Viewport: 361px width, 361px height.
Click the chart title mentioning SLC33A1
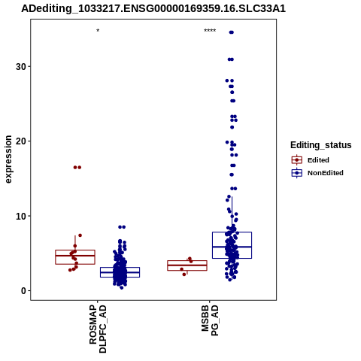tap(153, 9)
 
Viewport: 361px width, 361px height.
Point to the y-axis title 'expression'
tap(8, 159)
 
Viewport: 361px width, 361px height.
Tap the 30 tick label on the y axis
tap(21, 67)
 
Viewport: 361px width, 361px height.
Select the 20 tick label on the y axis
tap(21, 141)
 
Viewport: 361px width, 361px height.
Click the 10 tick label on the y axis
tap(21, 216)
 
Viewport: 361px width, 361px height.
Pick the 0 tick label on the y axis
tap(23, 291)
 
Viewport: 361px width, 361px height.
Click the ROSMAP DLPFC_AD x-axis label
tap(98, 329)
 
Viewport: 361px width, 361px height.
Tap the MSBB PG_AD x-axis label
tap(210, 320)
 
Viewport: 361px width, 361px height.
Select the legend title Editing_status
tap(321, 145)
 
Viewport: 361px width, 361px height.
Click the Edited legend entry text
tap(318, 160)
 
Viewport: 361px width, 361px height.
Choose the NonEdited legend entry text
tap(326, 173)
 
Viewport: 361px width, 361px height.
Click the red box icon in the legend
tap(297, 160)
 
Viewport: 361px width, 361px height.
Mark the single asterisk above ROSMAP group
tap(98, 31)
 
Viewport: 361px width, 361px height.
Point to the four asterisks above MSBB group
tap(210, 31)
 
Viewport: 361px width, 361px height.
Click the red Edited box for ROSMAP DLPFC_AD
tap(75, 257)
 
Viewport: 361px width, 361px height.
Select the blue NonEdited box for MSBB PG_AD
tap(232, 245)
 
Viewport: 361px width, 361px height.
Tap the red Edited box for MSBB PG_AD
tap(187, 265)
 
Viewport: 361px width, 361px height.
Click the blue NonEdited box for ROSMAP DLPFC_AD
tap(120, 272)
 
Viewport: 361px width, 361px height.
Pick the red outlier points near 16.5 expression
tap(77, 168)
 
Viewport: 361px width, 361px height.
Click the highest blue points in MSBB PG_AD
tap(232, 32)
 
